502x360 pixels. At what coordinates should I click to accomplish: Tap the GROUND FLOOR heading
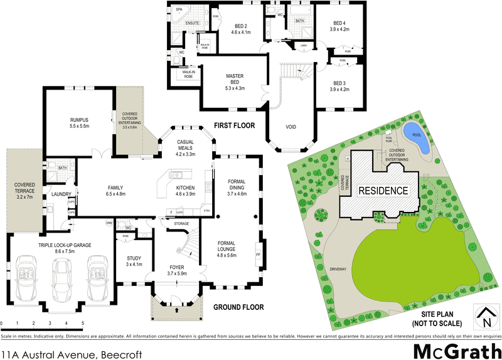click(238, 307)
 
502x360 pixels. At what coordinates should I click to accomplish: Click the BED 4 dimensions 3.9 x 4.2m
click(339, 29)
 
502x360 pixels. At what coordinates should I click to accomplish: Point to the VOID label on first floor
click(291, 127)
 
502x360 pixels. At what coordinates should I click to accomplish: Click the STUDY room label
click(134, 258)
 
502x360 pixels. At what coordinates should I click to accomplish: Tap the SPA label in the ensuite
click(179, 11)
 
